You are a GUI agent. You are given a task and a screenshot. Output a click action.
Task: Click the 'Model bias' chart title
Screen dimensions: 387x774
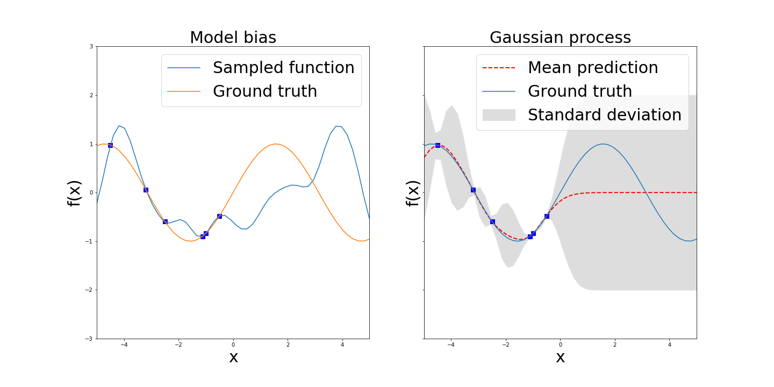point(233,38)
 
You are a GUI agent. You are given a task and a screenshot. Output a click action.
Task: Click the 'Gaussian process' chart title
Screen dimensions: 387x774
point(560,38)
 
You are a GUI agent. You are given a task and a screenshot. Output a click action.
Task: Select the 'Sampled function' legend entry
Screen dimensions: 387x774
point(283,68)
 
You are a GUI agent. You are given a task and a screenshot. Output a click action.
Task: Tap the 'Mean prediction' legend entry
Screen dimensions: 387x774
point(592,68)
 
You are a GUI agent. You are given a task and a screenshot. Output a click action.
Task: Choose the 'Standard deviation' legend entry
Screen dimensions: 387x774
point(604,115)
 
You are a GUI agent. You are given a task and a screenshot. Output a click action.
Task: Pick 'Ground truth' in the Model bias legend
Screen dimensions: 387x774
point(264,91)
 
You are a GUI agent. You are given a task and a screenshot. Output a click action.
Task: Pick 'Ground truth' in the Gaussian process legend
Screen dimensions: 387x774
point(579,91)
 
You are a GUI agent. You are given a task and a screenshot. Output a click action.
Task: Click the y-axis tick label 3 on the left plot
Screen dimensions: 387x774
point(91,47)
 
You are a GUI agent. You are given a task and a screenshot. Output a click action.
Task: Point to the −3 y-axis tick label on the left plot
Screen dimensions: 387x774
point(90,339)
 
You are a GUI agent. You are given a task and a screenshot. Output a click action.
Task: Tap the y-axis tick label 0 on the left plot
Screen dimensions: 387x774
point(91,192)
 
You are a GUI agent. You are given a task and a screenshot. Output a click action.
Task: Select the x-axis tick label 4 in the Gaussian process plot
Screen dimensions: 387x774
point(669,345)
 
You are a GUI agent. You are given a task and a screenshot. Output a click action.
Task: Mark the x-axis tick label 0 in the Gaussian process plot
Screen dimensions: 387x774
point(560,345)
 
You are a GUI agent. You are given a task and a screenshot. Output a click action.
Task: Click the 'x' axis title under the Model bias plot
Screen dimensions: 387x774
point(233,357)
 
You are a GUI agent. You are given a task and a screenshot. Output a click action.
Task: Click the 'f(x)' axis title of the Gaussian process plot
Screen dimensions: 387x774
point(413,193)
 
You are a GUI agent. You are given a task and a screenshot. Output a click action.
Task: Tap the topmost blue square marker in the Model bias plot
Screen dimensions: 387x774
point(110,145)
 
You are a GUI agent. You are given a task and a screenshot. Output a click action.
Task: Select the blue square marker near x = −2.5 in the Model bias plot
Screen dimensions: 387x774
point(165,221)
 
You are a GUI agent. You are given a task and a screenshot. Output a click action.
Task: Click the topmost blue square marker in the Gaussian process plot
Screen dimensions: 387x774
point(438,145)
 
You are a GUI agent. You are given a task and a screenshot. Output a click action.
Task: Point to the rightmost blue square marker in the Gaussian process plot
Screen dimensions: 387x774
point(547,216)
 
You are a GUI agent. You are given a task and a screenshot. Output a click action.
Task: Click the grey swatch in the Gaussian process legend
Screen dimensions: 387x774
point(499,115)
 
